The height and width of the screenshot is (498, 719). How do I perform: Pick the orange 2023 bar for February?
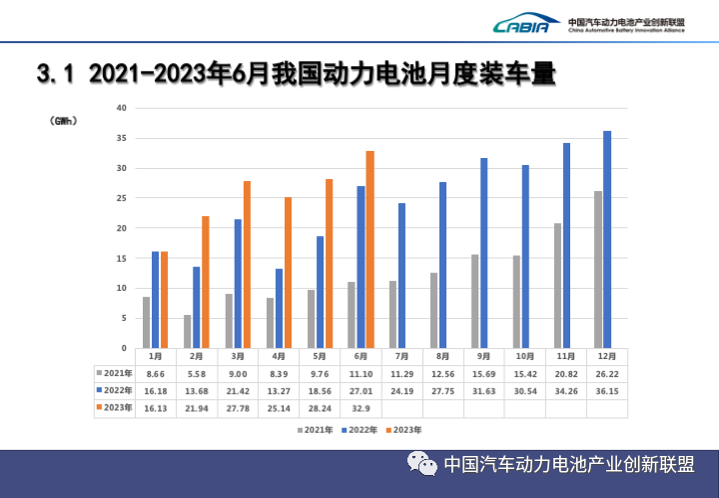(206, 282)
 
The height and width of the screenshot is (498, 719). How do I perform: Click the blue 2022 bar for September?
(483, 253)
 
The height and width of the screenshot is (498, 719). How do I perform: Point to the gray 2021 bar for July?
(391, 314)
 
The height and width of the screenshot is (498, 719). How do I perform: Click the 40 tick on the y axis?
(121, 108)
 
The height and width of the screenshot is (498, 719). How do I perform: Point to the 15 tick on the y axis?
(121, 258)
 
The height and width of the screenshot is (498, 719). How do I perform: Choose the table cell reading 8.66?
(155, 372)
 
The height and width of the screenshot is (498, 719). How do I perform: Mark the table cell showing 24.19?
(401, 390)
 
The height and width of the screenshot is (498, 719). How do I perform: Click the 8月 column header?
(442, 355)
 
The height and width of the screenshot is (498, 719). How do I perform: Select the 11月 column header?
(566, 355)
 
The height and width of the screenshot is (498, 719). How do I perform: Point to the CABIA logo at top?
(520, 25)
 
